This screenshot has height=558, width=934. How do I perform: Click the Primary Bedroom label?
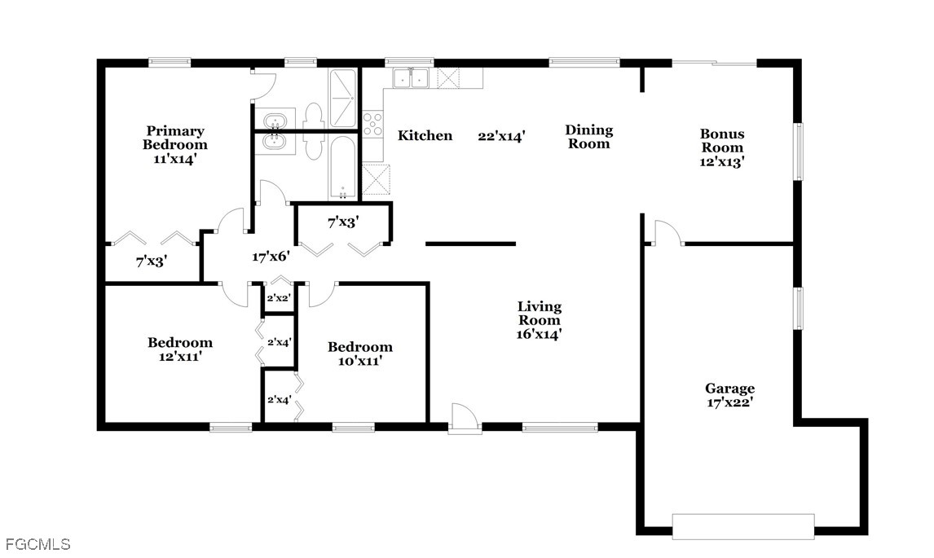pyautogui.click(x=175, y=145)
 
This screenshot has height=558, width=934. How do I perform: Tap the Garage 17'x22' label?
pyautogui.click(x=729, y=395)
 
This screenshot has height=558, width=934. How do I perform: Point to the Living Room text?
pyautogui.click(x=539, y=314)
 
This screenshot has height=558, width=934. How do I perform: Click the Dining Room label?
pyautogui.click(x=588, y=136)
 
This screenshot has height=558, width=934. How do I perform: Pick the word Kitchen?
pyautogui.click(x=425, y=136)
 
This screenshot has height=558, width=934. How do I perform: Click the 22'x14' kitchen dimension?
pyautogui.click(x=501, y=136)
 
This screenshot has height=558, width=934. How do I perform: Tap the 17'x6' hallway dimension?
pyautogui.click(x=271, y=257)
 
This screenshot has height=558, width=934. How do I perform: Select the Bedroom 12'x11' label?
pyautogui.click(x=180, y=349)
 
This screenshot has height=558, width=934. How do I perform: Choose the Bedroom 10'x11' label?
pyautogui.click(x=359, y=354)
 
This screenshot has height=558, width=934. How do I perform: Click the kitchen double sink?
pyautogui.click(x=411, y=78)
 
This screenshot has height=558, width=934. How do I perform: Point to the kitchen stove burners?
pyautogui.click(x=373, y=124)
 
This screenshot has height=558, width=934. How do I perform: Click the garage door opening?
pyautogui.click(x=742, y=526)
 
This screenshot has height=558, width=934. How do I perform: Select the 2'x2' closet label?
pyautogui.click(x=278, y=298)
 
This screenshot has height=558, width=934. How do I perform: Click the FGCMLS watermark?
pyautogui.click(x=37, y=544)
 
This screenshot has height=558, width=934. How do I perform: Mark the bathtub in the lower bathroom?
pyautogui.click(x=342, y=167)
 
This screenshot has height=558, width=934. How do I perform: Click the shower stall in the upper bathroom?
pyautogui.click(x=343, y=99)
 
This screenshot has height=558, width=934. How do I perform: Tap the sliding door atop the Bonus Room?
pyautogui.click(x=715, y=63)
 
